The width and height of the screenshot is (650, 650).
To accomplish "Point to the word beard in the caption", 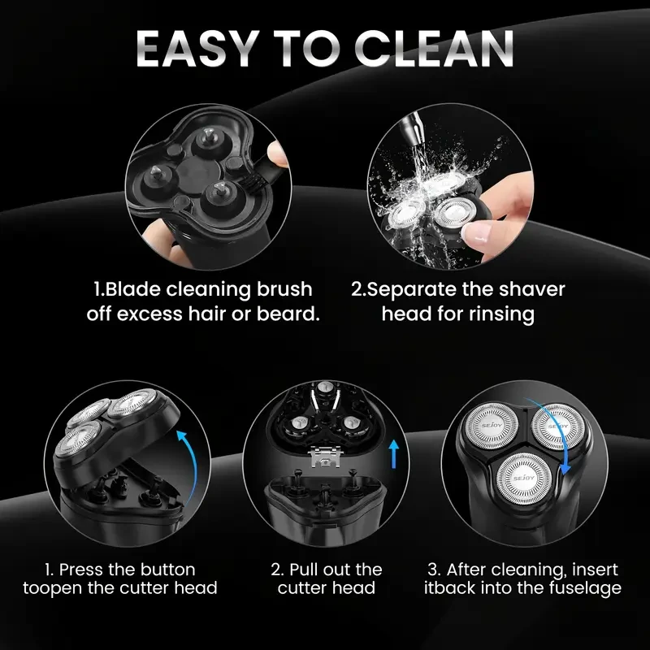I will coord(286,314).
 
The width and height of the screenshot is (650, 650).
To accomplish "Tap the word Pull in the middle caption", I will coord(312,569).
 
